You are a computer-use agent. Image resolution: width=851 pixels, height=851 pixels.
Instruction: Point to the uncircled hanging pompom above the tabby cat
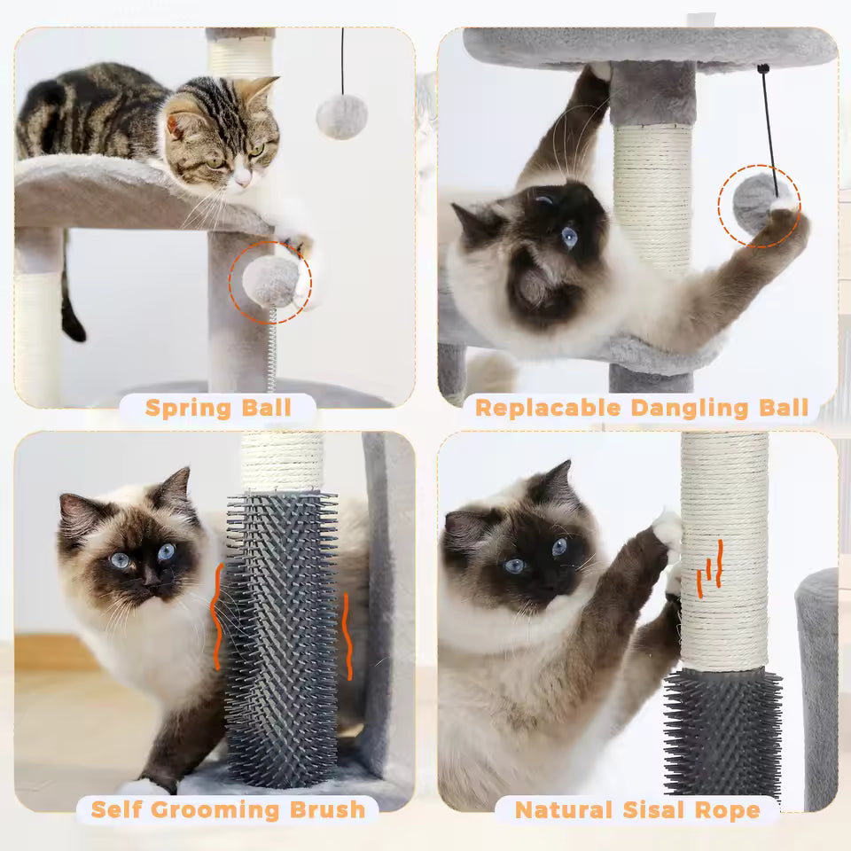(341, 116)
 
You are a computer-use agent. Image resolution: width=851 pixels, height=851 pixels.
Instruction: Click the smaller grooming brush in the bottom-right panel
(723, 731)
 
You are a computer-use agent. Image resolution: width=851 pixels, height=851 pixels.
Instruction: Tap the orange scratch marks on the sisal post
(710, 567)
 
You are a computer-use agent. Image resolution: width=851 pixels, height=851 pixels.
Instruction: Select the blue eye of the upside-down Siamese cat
(568, 237)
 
